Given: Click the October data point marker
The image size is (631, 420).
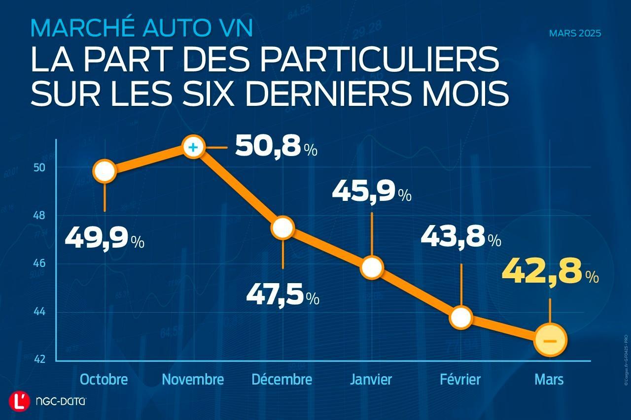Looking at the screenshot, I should (105, 171).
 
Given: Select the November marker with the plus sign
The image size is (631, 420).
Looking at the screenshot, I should (193, 147).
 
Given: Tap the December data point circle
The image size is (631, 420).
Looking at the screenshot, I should (282, 227).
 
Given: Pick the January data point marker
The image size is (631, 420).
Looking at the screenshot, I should (372, 267).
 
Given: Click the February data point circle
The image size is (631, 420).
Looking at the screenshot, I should (461, 318).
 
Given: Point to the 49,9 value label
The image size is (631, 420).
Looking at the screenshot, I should (104, 239).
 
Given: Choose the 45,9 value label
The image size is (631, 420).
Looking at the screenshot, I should (371, 192).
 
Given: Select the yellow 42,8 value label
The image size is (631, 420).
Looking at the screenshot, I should (549, 273).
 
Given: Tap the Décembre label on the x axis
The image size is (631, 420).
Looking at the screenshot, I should (282, 380).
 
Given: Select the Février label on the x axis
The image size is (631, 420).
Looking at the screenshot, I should (460, 380).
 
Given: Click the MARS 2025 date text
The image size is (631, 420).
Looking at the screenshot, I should (575, 34).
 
